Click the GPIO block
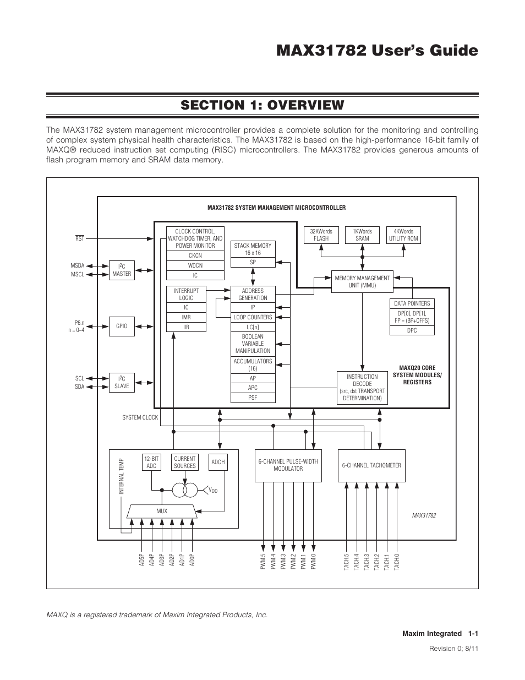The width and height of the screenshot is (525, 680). (122, 326)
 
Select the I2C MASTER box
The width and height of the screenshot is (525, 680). (122, 270)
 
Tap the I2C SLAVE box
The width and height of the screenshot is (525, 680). (122, 383)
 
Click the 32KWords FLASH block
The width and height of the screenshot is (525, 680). (321, 235)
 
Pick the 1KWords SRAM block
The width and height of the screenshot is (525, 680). (362, 235)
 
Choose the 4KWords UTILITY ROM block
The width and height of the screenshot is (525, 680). (403, 235)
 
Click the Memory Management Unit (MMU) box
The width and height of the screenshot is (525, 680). (362, 282)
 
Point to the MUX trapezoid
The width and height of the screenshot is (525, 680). (162, 511)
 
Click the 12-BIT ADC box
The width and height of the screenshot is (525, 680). (151, 462)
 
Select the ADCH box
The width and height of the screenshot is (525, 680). (218, 462)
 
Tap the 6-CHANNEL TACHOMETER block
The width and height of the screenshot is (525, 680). (371, 466)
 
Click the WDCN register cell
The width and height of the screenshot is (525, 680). (195, 265)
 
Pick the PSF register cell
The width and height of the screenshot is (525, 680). (253, 398)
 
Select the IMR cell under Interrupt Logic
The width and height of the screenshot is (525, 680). (186, 317)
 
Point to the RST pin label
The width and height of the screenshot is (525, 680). (80, 238)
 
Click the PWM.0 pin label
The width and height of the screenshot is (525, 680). (313, 562)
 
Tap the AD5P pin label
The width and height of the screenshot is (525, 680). (141, 560)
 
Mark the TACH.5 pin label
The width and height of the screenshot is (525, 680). (346, 562)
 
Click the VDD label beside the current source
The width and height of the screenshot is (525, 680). (213, 490)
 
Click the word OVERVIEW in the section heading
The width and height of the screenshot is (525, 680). (305, 105)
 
